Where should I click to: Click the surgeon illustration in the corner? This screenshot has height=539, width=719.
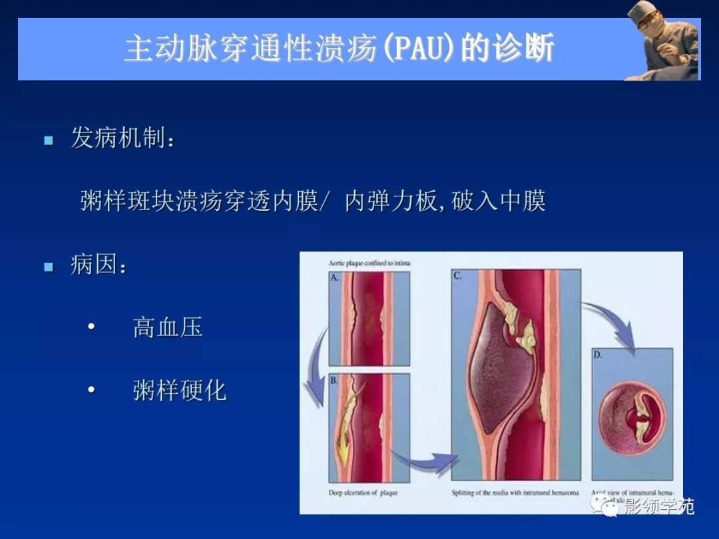663,41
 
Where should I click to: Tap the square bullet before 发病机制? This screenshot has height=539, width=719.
48,140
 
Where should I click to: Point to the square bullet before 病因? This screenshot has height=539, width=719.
48,267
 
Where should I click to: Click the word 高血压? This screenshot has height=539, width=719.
168,327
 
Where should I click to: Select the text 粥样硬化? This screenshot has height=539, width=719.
180,391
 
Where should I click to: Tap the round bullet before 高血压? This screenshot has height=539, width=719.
91,328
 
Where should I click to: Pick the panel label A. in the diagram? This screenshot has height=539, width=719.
335,277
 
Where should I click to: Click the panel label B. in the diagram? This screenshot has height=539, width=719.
335,381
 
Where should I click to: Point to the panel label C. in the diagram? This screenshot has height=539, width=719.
458,275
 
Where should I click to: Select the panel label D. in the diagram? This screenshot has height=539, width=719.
598,355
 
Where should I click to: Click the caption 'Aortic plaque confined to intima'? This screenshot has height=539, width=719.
369,264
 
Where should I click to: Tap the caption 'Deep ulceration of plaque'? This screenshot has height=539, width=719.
363,493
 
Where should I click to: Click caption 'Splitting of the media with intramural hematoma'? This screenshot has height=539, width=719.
515,493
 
